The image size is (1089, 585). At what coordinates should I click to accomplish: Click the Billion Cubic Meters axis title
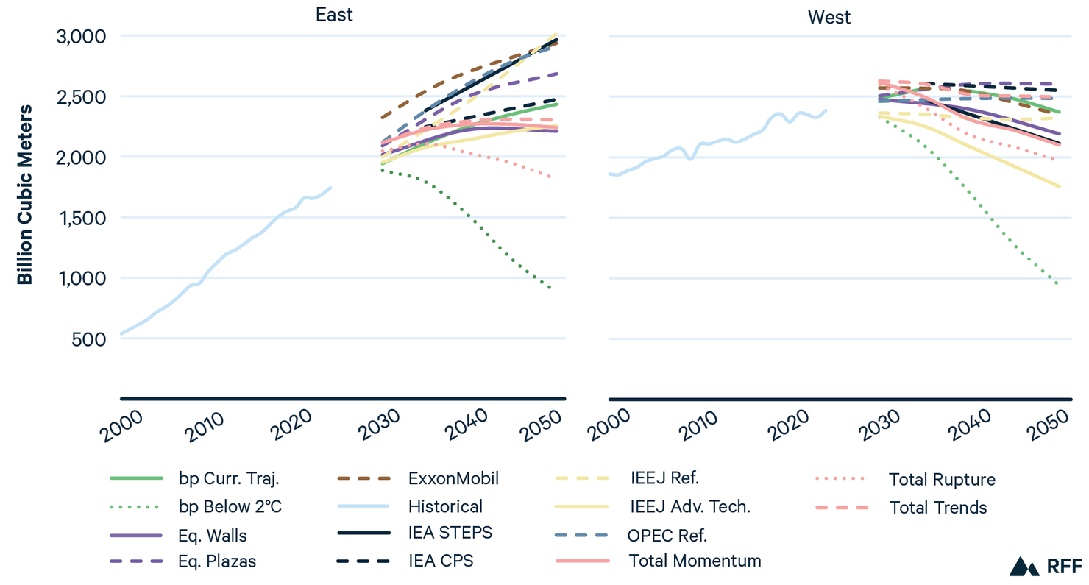[x=25, y=194]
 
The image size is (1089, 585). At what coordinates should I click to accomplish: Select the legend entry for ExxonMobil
[x=453, y=479]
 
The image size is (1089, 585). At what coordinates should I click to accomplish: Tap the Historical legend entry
[x=445, y=506]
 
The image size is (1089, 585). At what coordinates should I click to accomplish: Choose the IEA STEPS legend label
[x=450, y=533]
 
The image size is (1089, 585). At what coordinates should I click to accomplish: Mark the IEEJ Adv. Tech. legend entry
[x=689, y=506]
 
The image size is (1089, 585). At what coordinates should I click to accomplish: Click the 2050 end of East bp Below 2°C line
[x=550, y=288]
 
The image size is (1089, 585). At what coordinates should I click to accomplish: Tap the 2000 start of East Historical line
[x=121, y=334]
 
